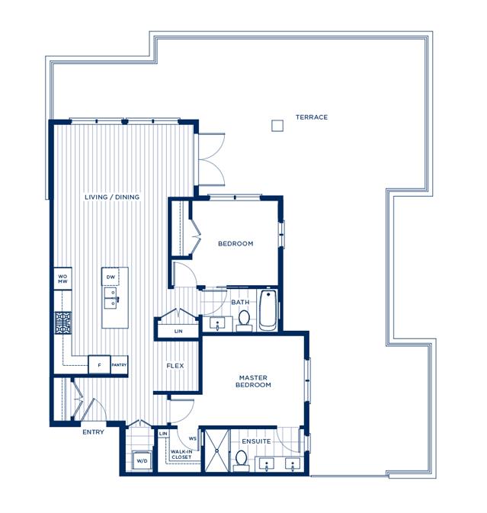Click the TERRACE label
click(312, 117)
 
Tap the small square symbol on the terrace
click(277, 126)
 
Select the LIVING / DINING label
click(112, 197)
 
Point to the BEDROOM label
click(235, 243)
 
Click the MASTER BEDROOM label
click(253, 381)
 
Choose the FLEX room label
click(175, 366)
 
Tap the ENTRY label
click(93, 432)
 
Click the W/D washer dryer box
click(142, 460)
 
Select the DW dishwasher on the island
click(111, 277)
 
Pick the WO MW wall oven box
click(62, 279)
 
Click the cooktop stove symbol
click(62, 323)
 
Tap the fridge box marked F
click(99, 365)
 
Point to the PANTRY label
click(119, 365)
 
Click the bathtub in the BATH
click(268, 310)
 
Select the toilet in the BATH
click(244, 320)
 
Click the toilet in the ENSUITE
click(242, 460)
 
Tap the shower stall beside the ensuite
click(216, 450)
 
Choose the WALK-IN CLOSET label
click(181, 454)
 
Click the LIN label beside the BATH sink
click(178, 331)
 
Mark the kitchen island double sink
click(111, 298)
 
